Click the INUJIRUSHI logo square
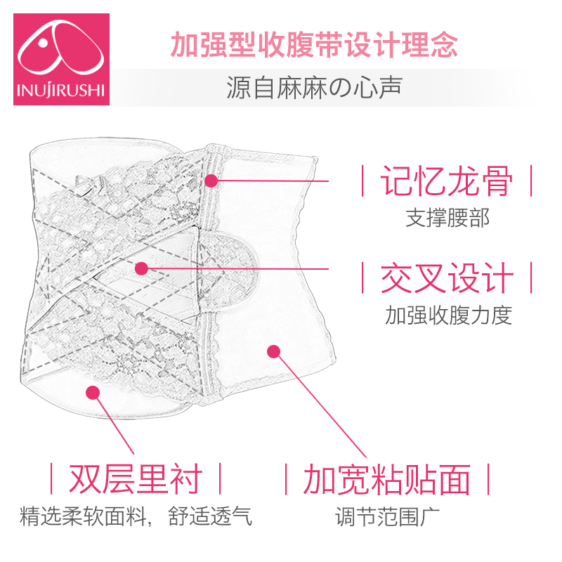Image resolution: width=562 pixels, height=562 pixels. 62,59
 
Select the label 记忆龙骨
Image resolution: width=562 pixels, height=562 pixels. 447,181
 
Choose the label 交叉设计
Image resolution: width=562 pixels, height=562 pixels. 447,278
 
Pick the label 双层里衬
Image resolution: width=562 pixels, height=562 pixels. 135,480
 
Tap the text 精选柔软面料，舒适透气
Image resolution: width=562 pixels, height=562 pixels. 136,518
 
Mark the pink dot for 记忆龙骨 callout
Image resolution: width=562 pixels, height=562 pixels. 211,181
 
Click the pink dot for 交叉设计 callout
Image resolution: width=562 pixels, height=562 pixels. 141,268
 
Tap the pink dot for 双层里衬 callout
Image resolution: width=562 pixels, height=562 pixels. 92,391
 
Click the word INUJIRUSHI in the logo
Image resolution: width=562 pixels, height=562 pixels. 62,90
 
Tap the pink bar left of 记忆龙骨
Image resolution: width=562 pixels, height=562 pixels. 362,181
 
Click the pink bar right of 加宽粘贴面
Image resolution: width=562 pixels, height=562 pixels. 488,480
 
